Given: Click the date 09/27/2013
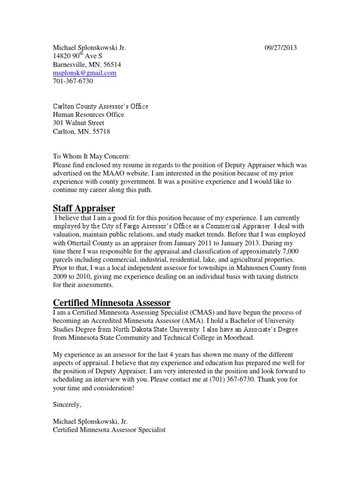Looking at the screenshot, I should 281,47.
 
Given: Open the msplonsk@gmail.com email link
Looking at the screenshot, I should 84,73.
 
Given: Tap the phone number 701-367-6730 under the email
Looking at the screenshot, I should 73,81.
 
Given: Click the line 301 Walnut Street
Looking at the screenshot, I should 78,123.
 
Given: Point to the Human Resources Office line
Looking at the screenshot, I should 88,114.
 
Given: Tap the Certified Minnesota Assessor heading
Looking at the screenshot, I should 111,302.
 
